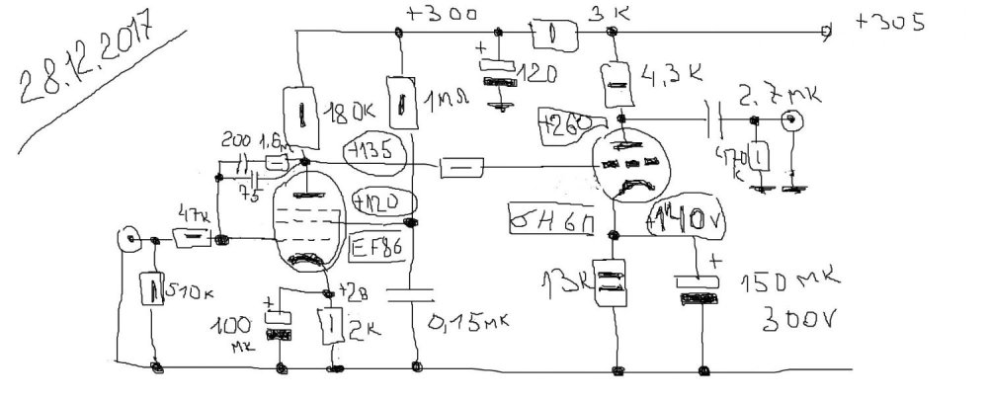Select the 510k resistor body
(155, 290)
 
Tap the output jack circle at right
(790, 122)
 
